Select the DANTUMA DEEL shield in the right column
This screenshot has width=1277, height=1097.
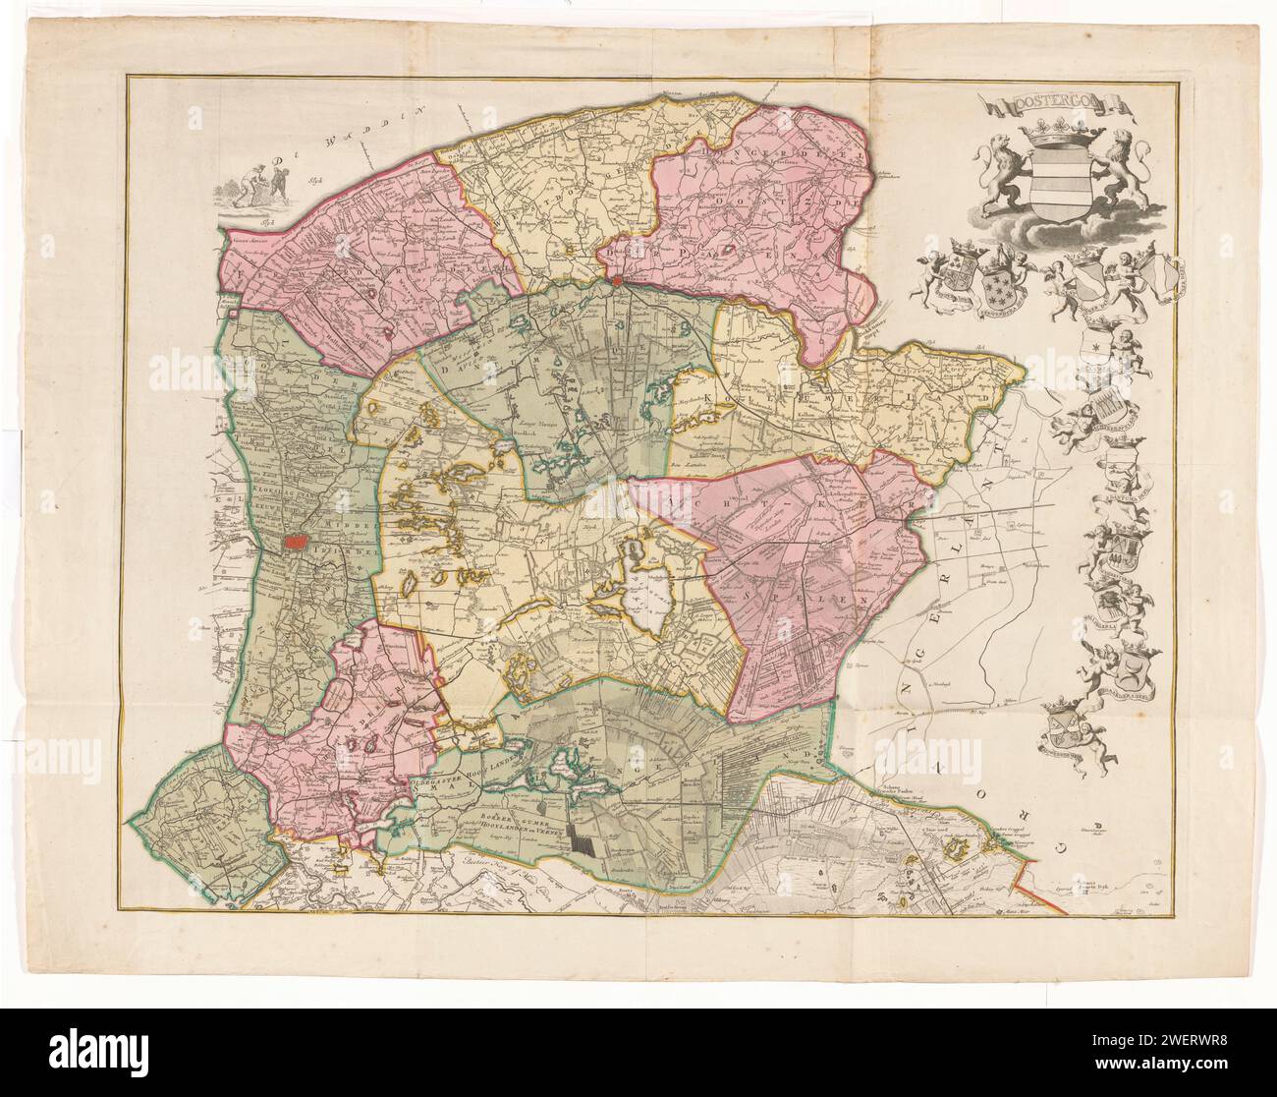coord(1120,464)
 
